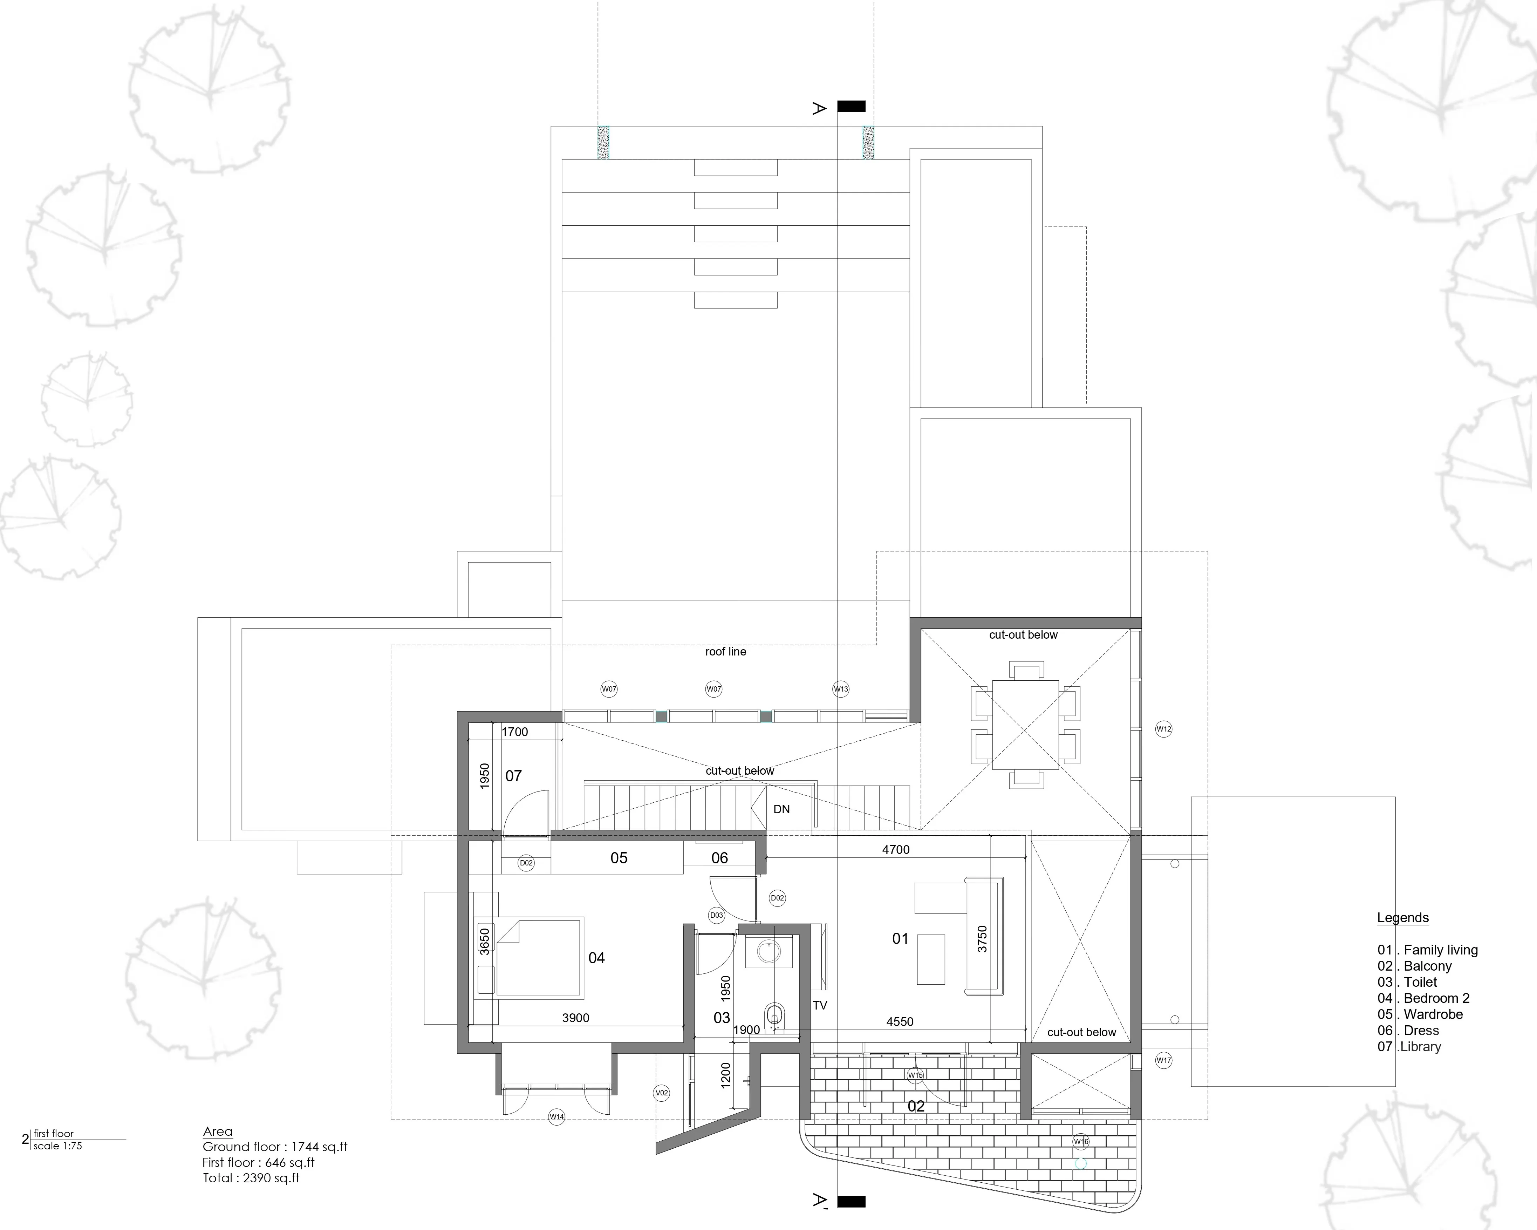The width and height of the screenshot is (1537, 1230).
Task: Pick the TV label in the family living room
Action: click(820, 1005)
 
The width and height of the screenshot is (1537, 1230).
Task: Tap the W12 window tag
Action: click(1163, 729)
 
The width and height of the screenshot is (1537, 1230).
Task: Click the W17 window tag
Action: click(1163, 1060)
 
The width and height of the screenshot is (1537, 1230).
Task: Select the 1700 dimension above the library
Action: click(515, 732)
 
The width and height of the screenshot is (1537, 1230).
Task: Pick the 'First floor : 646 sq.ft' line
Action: click(258, 1162)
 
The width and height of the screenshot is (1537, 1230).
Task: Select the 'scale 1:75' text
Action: click(58, 1146)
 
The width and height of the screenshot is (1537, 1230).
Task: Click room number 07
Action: click(513, 776)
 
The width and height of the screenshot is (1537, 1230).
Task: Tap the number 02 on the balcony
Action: click(916, 1106)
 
